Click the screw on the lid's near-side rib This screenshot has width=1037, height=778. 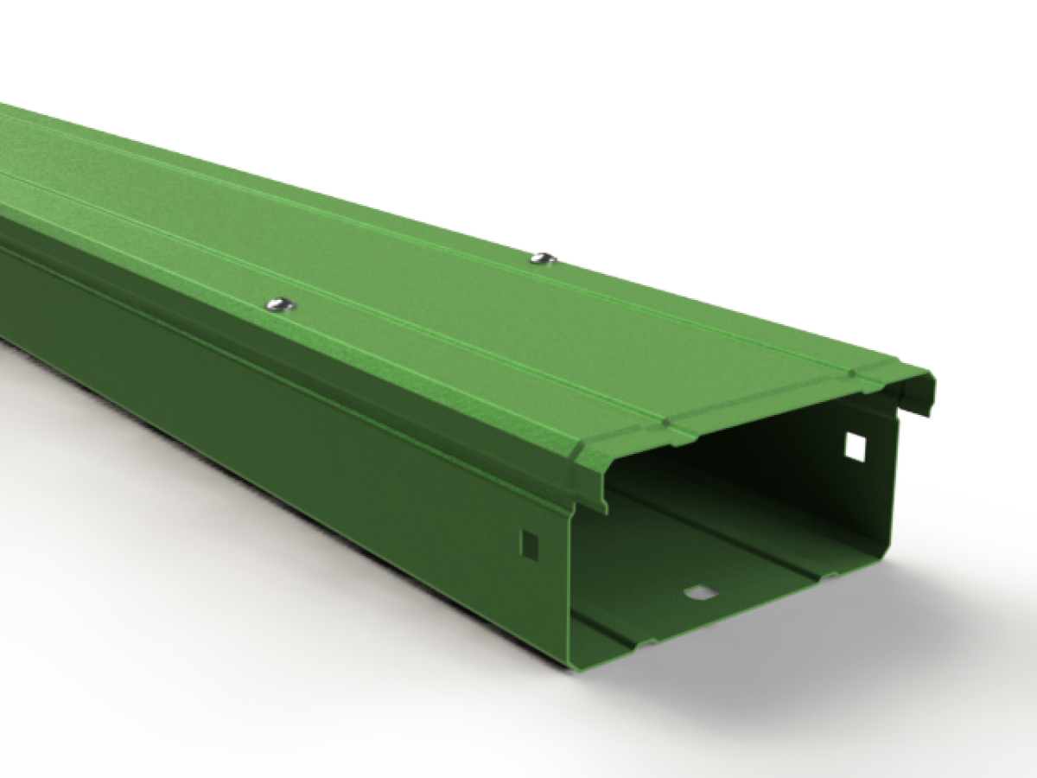279,303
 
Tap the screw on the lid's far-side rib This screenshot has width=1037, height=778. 542,257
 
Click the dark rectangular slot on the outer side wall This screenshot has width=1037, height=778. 530,543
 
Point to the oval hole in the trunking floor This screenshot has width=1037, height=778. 700,592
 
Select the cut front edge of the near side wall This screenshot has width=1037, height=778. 570,588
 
